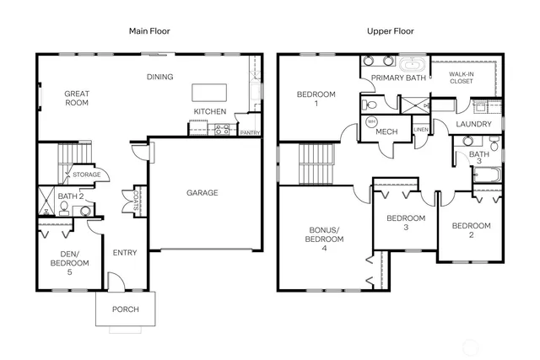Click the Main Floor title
[149, 31]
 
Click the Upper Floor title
[389, 31]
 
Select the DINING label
[159, 77]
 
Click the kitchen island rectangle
[209, 92]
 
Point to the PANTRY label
[250, 132]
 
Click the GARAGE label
[202, 193]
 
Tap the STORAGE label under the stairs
[86, 175]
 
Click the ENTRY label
[124, 251]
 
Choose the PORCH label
[126, 309]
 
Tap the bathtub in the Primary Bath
[413, 63]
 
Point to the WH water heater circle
[371, 121]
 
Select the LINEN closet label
[421, 129]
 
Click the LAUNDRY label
[473, 125]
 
